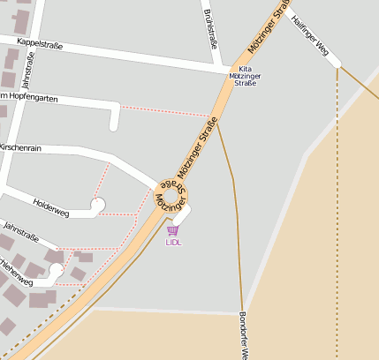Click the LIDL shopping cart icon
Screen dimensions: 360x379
172,230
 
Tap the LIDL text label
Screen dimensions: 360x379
173,242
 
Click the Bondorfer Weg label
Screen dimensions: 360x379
243,335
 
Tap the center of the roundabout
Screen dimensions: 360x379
171,196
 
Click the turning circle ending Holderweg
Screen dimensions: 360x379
97,206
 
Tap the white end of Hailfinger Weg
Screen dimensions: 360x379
335,63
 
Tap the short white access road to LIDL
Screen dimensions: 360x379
182,214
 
